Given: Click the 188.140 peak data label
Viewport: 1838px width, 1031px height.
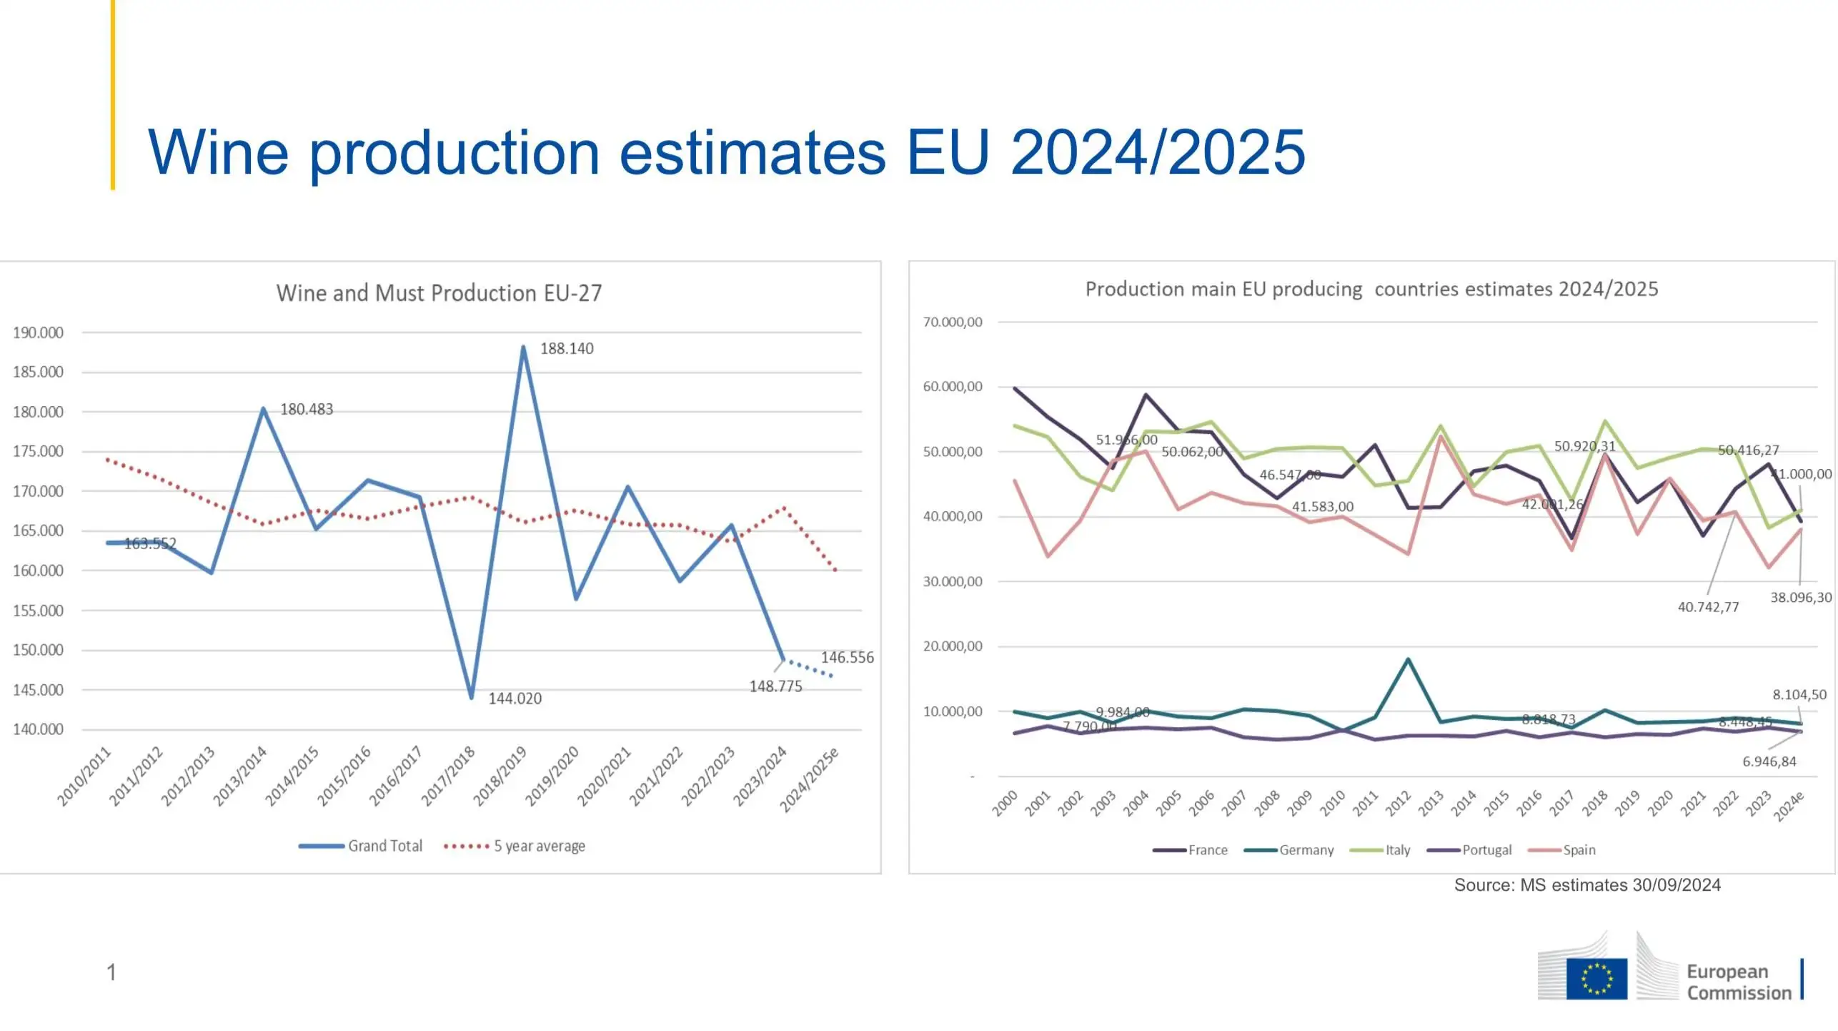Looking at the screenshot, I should point(567,349).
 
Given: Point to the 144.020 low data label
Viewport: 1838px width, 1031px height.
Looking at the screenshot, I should point(515,699).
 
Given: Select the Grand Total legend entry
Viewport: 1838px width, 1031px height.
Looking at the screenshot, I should point(361,847).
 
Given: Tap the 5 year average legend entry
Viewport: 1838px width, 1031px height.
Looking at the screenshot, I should point(515,847).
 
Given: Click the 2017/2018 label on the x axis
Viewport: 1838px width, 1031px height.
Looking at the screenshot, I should point(449,776).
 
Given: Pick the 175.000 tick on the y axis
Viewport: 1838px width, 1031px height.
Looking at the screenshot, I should point(38,452).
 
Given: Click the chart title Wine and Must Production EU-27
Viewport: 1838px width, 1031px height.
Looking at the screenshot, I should point(439,293).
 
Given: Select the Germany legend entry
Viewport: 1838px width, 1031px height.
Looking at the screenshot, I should point(1289,850).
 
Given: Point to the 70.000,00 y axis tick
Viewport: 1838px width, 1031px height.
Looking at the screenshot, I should point(953,322).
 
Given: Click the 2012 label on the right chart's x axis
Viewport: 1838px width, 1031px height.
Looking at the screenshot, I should point(1398,804).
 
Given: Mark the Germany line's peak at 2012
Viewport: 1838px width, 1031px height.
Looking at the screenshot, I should point(1408,659).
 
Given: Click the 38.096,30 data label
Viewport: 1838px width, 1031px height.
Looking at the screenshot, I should point(1801,598).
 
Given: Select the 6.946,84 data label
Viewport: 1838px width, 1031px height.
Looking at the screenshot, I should point(1769,762).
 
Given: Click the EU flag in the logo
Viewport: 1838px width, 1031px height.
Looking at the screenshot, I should point(1596,979).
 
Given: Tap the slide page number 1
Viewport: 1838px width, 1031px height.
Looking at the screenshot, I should point(111,972).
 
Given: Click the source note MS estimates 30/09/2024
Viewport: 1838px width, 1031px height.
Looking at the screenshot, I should point(1587,885).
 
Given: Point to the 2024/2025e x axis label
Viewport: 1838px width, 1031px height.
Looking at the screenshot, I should point(809,781).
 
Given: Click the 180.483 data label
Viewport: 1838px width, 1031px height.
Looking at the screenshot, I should point(306,410).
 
